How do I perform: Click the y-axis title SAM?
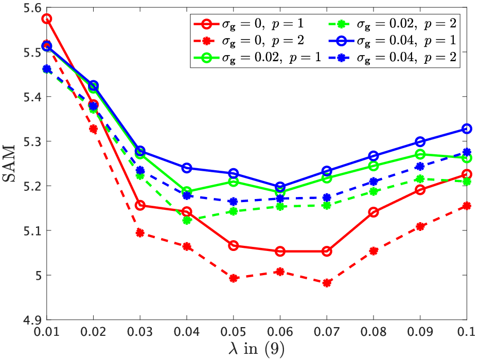click(9, 164)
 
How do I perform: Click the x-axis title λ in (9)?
click(257, 348)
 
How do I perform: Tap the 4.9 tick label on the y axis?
click(33, 320)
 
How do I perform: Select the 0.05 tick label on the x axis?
click(233, 332)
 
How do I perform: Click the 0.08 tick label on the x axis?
click(374, 332)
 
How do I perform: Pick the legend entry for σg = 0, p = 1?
click(248, 24)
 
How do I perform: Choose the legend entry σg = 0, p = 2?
click(248, 41)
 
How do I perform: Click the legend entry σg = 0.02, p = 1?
click(257, 58)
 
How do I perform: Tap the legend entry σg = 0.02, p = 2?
click(393, 24)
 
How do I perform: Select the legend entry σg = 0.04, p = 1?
click(393, 41)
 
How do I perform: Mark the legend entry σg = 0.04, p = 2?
click(393, 58)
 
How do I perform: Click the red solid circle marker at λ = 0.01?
click(46, 19)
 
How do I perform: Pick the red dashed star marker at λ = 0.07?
click(327, 283)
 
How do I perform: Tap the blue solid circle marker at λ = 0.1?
click(467, 129)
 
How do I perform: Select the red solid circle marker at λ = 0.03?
click(140, 205)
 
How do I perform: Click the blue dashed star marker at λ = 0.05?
click(233, 202)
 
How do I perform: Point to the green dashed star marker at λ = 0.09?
click(420, 179)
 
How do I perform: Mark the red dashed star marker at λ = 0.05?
click(233, 278)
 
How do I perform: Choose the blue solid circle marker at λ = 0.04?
click(187, 168)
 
